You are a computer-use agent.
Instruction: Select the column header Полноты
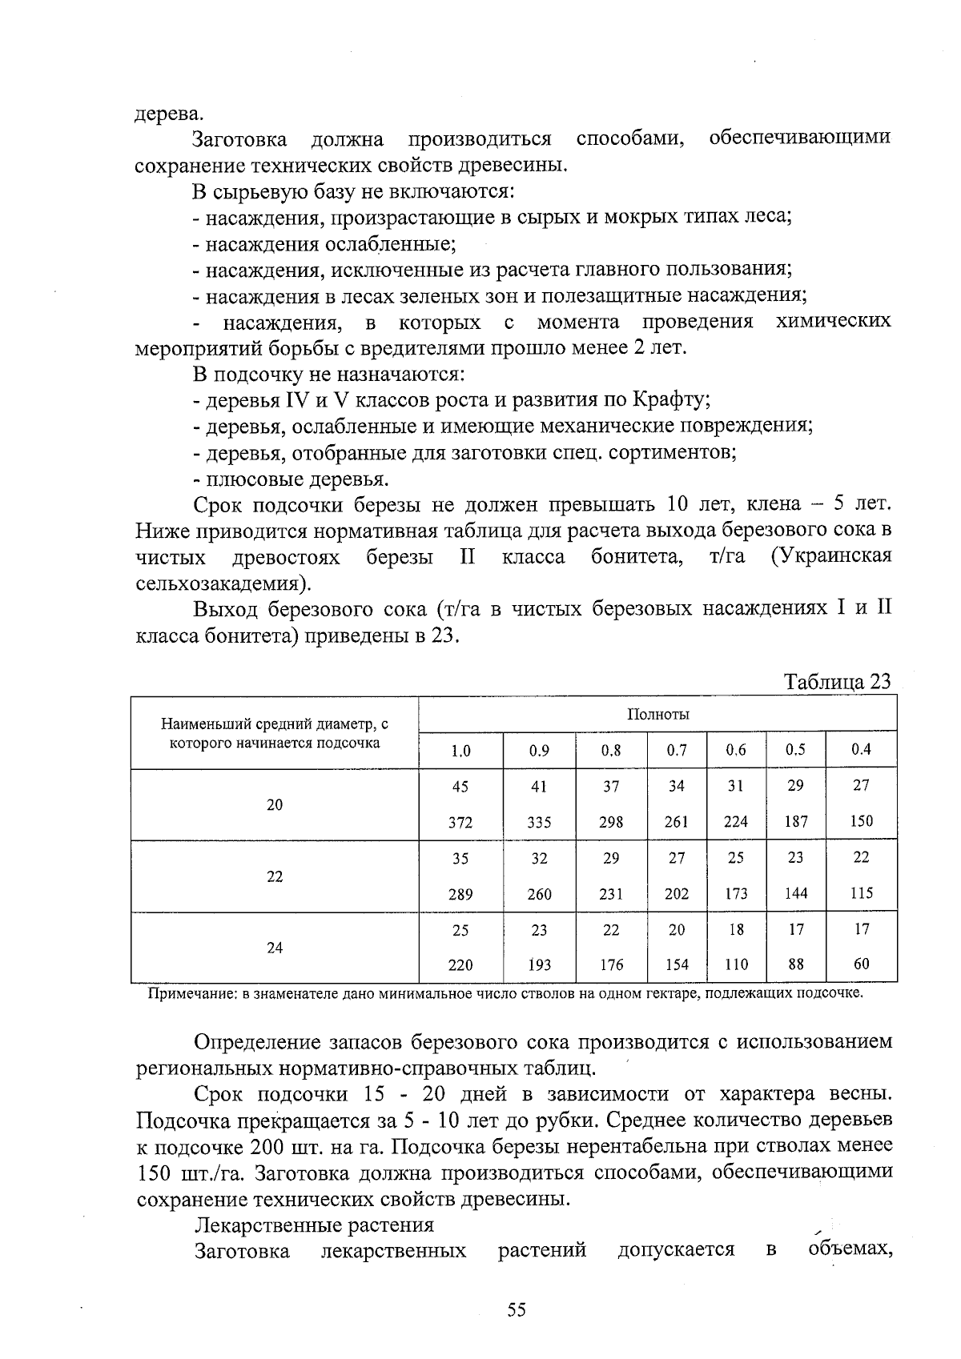coord(657,714)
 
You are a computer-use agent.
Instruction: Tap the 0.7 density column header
coord(677,750)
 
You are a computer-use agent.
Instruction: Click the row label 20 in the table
coord(275,804)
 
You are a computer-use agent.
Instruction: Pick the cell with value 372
coord(460,822)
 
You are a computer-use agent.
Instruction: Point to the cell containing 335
coord(539,822)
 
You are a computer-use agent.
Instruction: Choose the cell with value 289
coord(460,894)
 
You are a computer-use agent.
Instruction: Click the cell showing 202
coord(677,894)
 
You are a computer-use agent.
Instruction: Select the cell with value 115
coord(861,893)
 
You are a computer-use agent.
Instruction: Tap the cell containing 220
coord(460,965)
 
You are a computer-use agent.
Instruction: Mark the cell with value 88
coord(795,964)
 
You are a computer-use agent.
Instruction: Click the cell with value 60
coord(861,964)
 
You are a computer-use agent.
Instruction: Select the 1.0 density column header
coord(460,751)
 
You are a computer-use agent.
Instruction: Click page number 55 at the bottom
coord(516,1310)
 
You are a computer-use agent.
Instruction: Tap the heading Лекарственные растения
coord(314,1225)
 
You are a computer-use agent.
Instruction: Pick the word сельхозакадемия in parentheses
coord(221,582)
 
